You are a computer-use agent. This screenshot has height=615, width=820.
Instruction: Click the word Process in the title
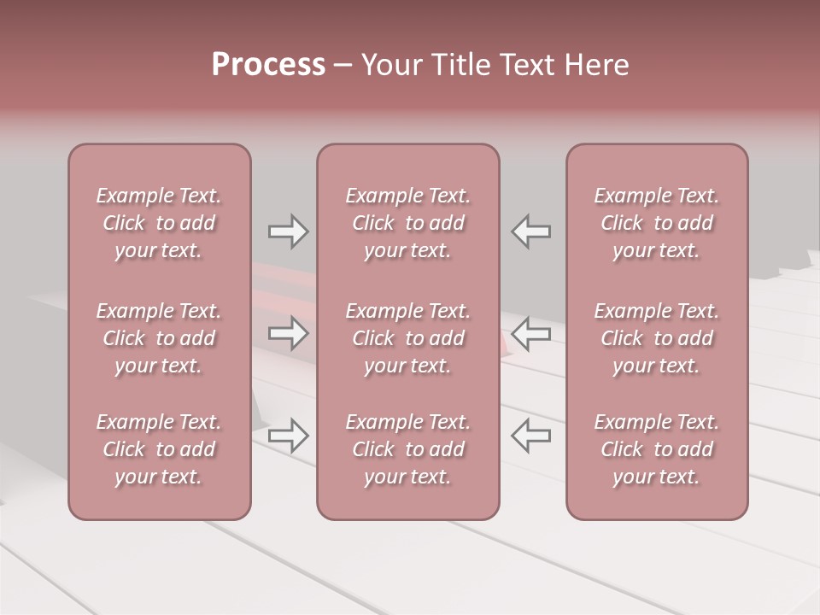click(x=268, y=65)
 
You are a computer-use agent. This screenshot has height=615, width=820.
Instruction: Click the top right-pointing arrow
click(x=288, y=231)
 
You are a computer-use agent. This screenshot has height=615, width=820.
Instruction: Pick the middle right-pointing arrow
click(x=288, y=333)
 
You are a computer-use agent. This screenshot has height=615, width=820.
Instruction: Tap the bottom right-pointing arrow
click(x=288, y=435)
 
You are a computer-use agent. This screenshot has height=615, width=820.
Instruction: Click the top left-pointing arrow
click(x=530, y=231)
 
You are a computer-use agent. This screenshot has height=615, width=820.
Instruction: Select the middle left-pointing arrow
click(x=530, y=333)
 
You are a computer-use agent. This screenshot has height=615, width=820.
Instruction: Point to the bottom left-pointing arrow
click(x=530, y=435)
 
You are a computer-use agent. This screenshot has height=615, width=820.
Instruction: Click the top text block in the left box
click(x=159, y=223)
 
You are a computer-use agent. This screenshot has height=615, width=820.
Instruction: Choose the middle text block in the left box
click(x=159, y=338)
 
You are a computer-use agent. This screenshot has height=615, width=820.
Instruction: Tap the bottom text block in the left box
click(x=159, y=449)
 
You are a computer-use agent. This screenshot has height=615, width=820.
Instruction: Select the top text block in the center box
click(x=407, y=223)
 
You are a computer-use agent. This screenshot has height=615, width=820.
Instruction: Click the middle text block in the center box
click(x=407, y=338)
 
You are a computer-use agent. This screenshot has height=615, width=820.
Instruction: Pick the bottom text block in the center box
click(x=407, y=449)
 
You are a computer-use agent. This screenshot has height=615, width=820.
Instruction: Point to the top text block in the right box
click(x=656, y=223)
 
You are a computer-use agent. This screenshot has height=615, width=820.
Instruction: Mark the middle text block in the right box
click(x=656, y=338)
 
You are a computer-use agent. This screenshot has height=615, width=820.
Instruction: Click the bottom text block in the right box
click(x=656, y=449)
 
